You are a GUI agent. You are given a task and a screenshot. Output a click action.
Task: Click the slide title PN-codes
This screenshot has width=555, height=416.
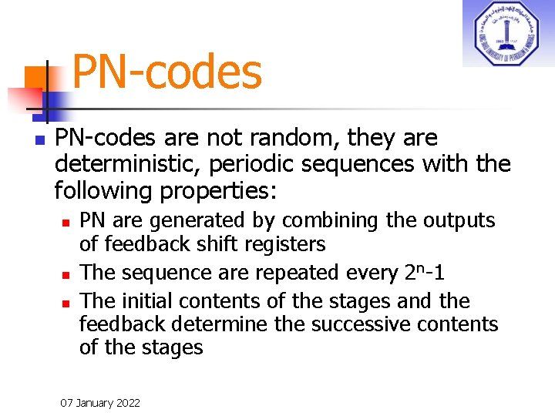pyautogui.click(x=166, y=72)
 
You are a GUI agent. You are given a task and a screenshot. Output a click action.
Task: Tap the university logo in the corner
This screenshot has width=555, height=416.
pyautogui.click(x=508, y=33)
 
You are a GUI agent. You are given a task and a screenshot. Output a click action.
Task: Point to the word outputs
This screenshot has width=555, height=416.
pyautogui.click(x=459, y=220)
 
